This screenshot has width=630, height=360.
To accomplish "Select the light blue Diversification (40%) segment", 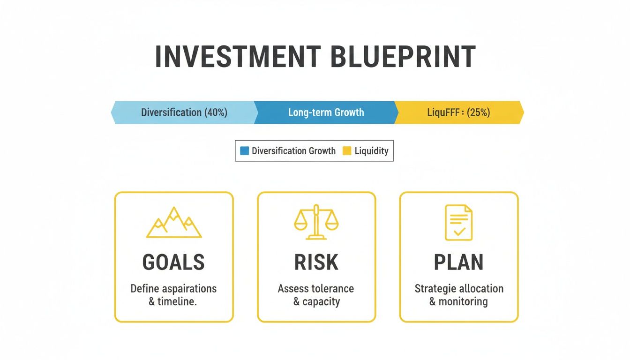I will pyautogui.click(x=184, y=112).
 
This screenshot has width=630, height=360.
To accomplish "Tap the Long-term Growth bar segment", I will pyautogui.click(x=326, y=112).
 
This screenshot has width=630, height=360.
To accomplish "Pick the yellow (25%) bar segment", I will pyautogui.click(x=458, y=112).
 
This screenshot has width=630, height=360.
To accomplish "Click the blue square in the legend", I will pyautogui.click(x=244, y=151).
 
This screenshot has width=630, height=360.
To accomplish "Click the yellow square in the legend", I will pyautogui.click(x=347, y=151).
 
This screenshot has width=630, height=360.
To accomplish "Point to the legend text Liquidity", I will pyautogui.click(x=371, y=151).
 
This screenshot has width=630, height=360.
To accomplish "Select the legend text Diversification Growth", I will pyautogui.click(x=293, y=151).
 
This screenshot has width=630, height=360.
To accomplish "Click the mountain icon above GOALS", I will pyautogui.click(x=174, y=223).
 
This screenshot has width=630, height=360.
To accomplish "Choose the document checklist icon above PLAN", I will pyautogui.click(x=458, y=223).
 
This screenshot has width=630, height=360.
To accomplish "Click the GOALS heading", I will pyautogui.click(x=174, y=262).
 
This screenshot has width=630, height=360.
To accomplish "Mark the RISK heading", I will pyautogui.click(x=316, y=262).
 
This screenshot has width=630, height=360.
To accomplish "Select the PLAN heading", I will pyautogui.click(x=458, y=262).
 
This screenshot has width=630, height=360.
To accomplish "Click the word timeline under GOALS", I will pyautogui.click(x=178, y=302).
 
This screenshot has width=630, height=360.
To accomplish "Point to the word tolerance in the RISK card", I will pyautogui.click(x=333, y=289).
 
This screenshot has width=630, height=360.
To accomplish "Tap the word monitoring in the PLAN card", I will pyautogui.click(x=463, y=302).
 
